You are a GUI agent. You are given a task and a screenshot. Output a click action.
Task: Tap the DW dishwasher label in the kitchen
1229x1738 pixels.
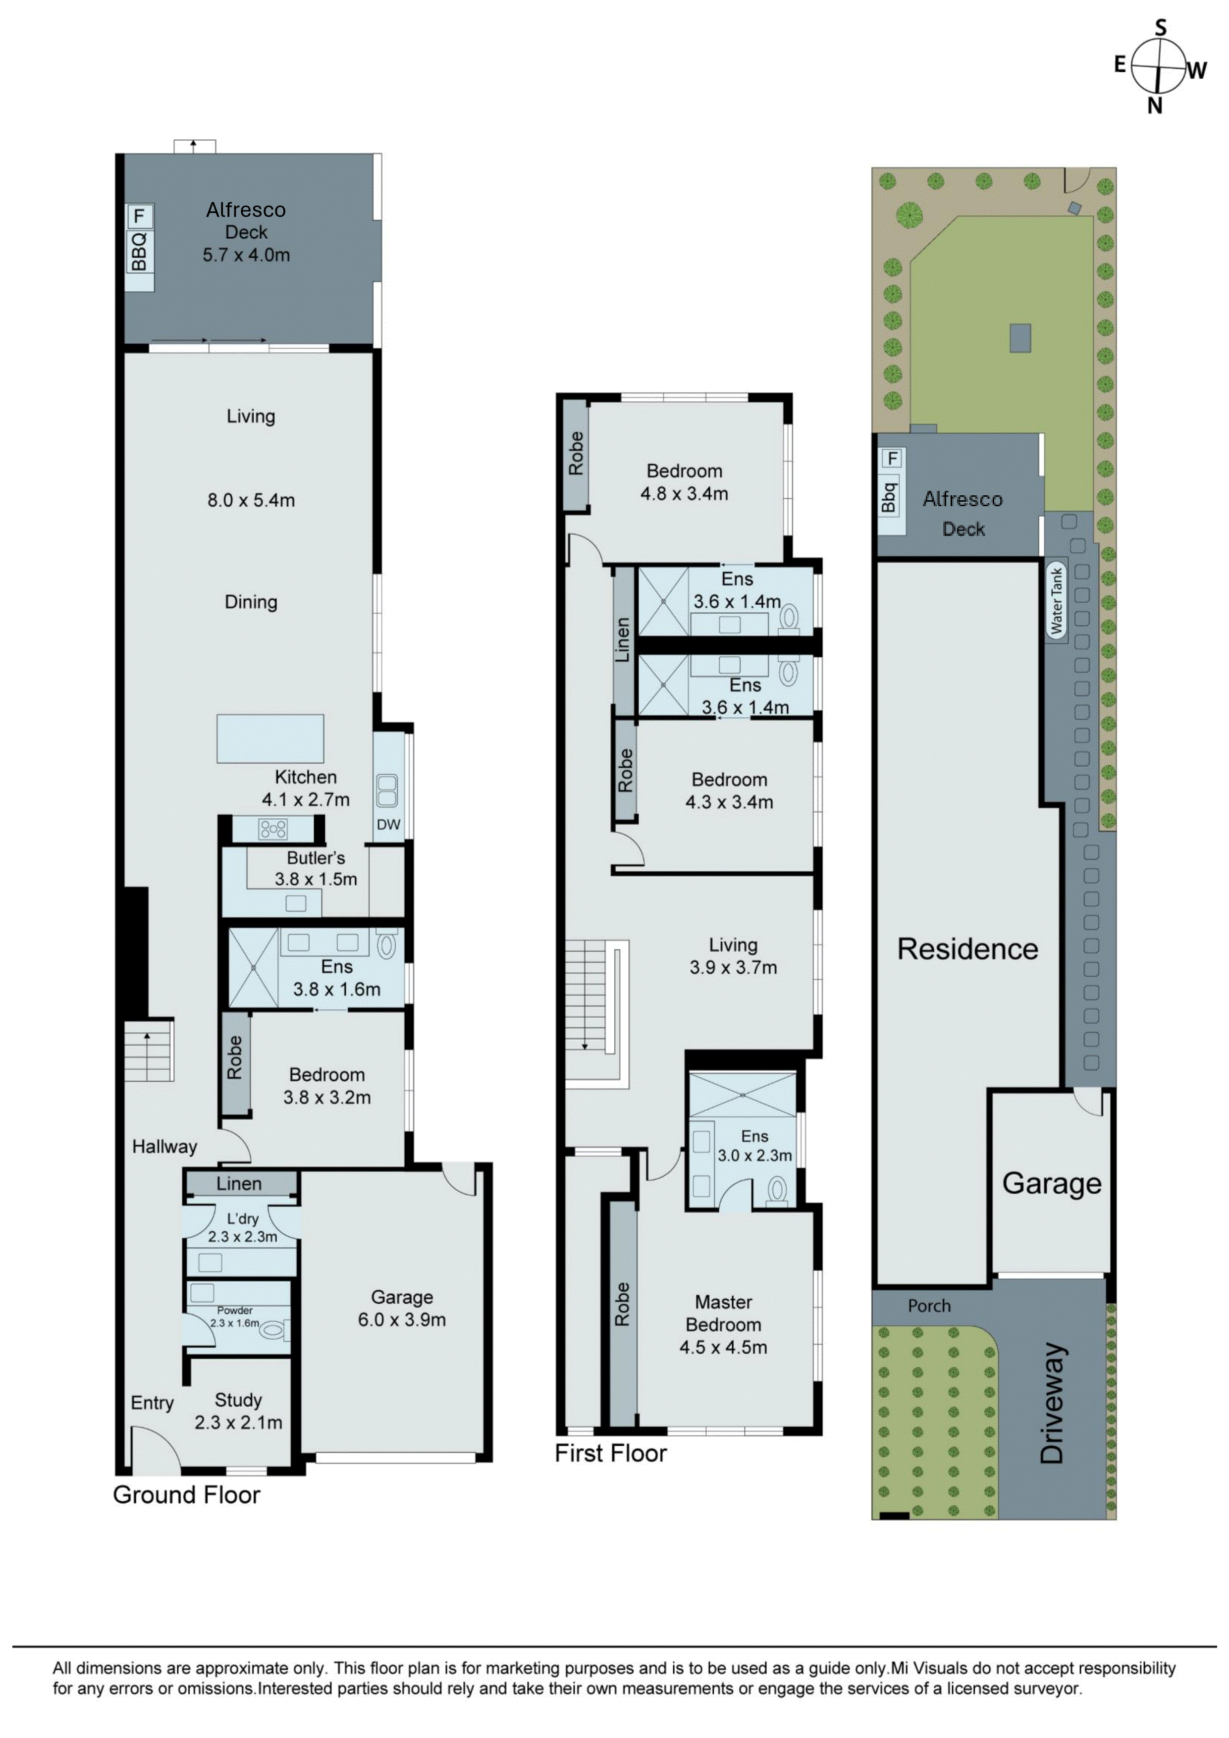click(x=388, y=824)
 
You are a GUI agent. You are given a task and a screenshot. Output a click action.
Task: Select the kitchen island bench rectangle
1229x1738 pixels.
click(x=270, y=738)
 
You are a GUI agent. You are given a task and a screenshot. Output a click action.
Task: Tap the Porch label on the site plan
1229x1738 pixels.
click(x=929, y=1306)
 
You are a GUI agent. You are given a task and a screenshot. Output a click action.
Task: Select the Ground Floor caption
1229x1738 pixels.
click(x=186, y=1495)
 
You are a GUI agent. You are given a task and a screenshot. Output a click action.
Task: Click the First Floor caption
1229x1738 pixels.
click(x=610, y=1453)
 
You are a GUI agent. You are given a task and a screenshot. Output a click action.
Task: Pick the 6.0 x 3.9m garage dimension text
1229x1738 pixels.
click(x=402, y=1319)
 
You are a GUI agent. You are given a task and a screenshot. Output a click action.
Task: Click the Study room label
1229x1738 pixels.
click(x=239, y=1400)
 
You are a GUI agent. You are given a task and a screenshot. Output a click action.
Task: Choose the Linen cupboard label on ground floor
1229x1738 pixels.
click(x=239, y=1184)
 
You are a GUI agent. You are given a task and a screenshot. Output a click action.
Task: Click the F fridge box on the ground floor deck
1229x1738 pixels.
click(x=139, y=216)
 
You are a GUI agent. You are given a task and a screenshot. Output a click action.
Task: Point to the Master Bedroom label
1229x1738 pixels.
click(x=723, y=1314)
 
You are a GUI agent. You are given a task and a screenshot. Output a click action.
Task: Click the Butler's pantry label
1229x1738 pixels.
click(x=316, y=858)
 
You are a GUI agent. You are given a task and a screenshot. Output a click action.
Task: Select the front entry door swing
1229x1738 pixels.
click(x=155, y=1447)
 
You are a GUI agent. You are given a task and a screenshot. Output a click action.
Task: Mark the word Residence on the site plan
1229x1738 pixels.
click(x=968, y=949)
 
